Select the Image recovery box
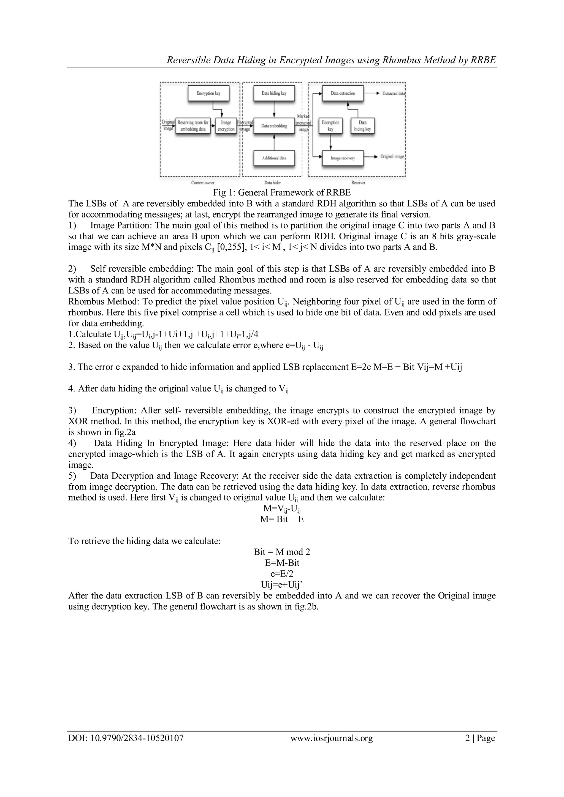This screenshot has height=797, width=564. pos(343,158)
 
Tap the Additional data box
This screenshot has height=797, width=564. pos(274,158)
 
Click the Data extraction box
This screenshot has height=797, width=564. pos(343,93)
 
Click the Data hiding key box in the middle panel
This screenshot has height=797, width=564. pos(274,93)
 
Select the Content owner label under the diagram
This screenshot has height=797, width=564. pos(203,183)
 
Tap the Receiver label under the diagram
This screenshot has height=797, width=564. pos(358,183)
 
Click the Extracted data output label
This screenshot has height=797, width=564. pos(394,93)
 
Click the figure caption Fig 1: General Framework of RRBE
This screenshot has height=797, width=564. pos(282,192)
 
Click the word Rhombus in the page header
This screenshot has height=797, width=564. pos(402,60)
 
